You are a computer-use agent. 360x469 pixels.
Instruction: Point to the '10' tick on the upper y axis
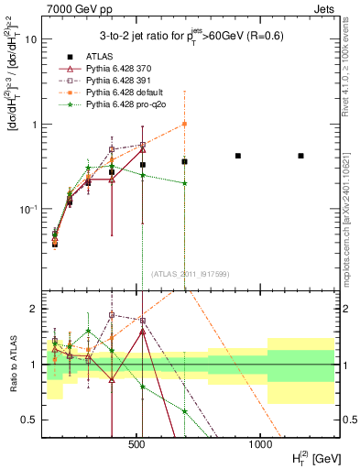click(31, 39)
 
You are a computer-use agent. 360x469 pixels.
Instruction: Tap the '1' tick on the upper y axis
click(34, 125)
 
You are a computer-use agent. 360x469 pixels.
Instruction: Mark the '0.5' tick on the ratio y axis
click(30, 420)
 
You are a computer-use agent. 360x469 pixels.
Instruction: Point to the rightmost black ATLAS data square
click(300, 156)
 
